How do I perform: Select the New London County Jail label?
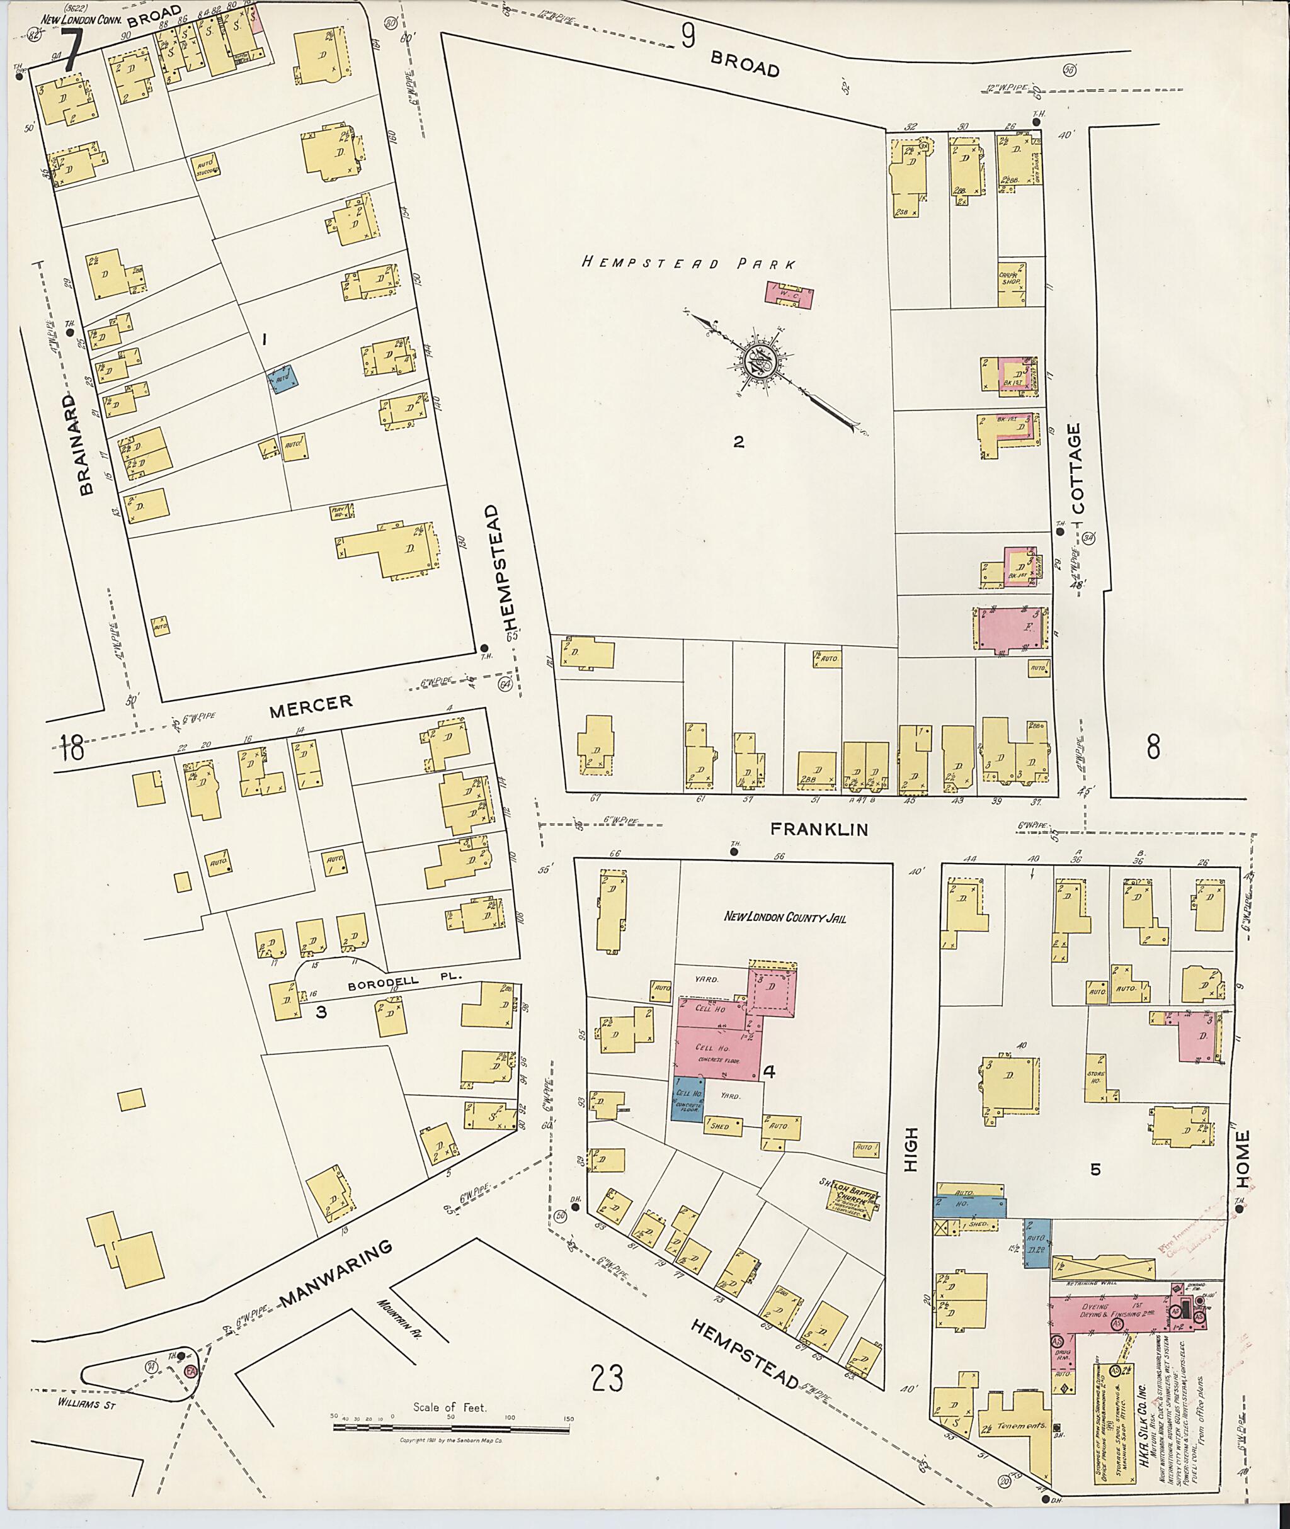coord(784,917)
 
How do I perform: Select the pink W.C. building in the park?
coord(789,295)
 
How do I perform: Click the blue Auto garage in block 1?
coord(285,380)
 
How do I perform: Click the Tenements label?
coord(1019,1426)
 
